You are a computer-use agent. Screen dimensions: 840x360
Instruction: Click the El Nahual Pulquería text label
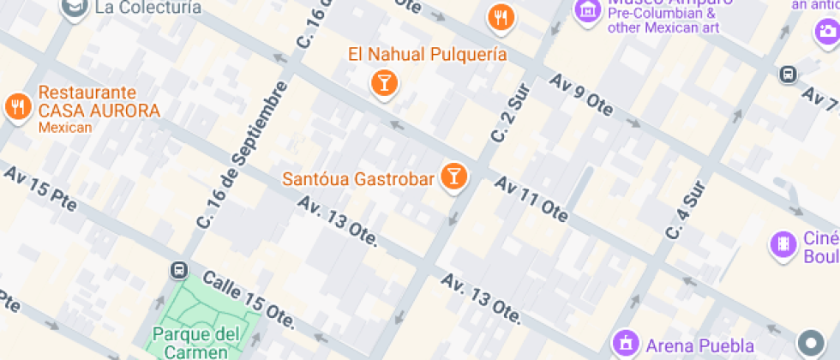tap(427, 55)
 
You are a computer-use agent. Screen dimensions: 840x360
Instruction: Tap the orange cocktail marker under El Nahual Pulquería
tap(383, 83)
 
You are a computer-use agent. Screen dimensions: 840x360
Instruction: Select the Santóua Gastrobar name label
tap(358, 180)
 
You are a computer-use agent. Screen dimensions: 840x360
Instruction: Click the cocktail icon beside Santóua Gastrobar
tap(453, 177)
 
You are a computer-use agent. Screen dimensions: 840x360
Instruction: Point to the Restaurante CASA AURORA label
tap(99, 102)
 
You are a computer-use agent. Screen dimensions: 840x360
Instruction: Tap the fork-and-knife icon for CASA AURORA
tap(16, 105)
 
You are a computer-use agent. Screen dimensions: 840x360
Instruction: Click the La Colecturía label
tap(148, 8)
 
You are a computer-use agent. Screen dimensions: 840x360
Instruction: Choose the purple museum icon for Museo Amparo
tap(588, 11)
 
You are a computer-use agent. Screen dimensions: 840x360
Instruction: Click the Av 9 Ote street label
tap(582, 95)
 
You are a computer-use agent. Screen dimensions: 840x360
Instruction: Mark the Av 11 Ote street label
tap(531, 199)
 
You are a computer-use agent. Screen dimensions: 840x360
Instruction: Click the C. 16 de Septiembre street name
tap(241, 154)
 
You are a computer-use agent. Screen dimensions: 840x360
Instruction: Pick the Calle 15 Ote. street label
tap(249, 302)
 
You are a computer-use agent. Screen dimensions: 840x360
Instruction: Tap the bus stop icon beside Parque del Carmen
tap(179, 270)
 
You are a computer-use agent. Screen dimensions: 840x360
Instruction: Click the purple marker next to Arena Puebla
tap(626, 343)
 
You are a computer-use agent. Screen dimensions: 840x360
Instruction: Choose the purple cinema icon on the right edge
tap(783, 244)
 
